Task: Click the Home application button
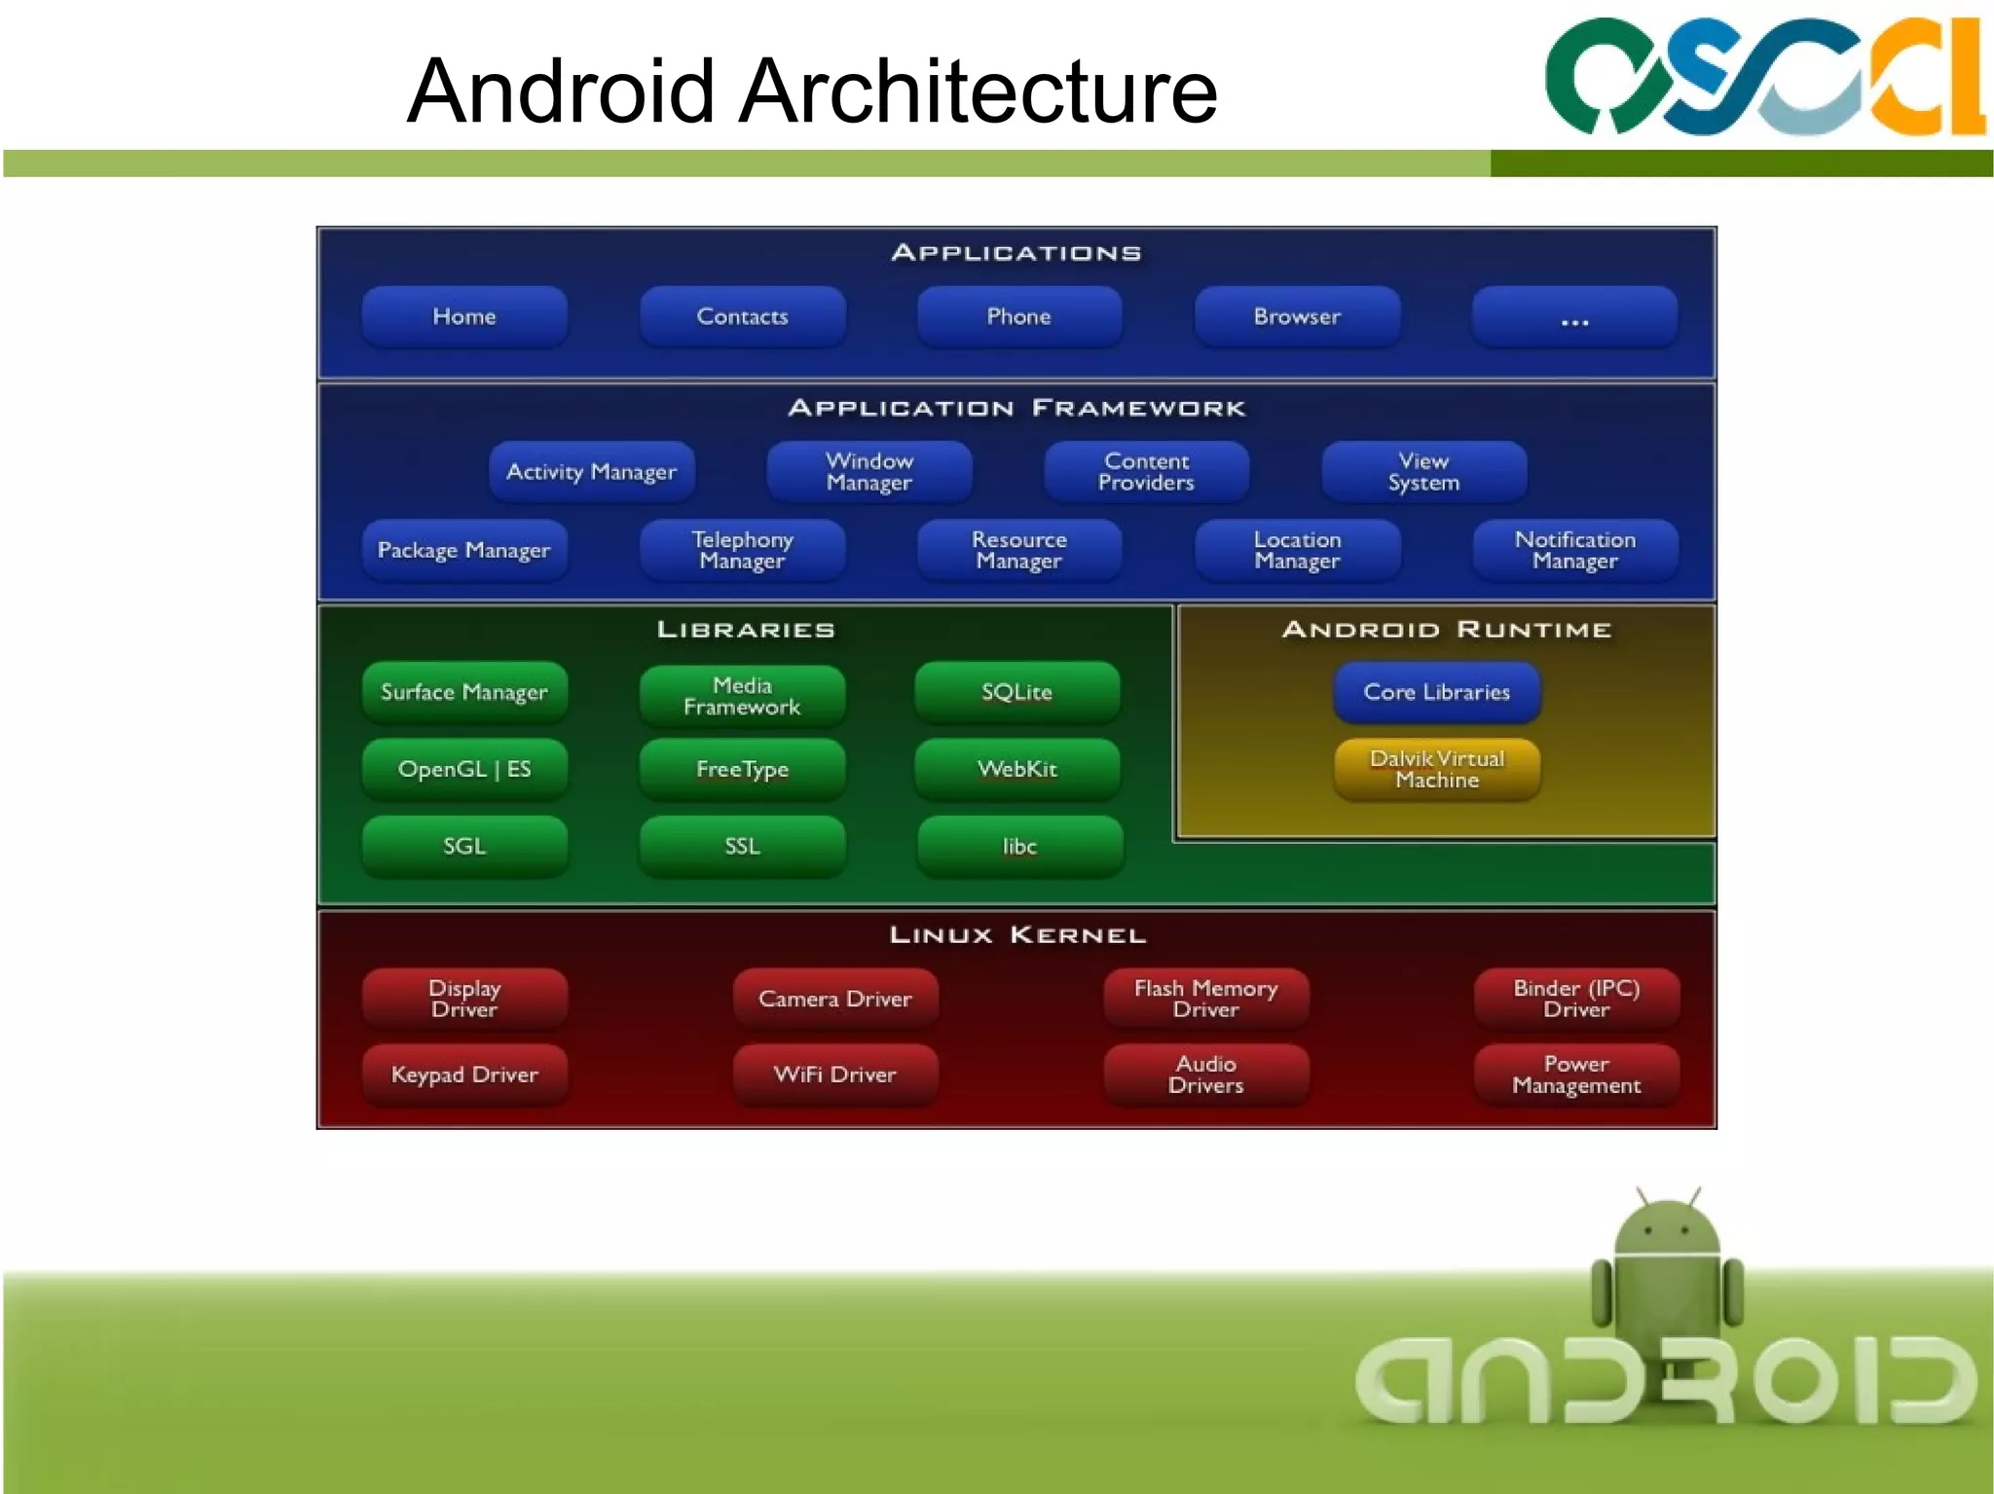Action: (464, 316)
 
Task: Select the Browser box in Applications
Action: (1297, 316)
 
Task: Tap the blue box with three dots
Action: (1574, 316)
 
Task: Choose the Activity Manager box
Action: (591, 472)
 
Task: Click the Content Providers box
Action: (1146, 472)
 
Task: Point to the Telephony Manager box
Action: (742, 550)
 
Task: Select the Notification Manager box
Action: (1574, 550)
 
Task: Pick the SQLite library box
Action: (1017, 692)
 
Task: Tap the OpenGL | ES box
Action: (464, 769)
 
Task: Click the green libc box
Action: (1019, 846)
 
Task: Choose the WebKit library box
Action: (1017, 769)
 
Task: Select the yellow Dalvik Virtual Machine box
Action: (1437, 769)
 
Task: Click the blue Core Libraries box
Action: (1437, 692)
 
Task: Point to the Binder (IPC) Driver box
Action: (1576, 999)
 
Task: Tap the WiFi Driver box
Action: (835, 1075)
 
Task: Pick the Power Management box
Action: (1576, 1075)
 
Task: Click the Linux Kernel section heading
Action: (1017, 935)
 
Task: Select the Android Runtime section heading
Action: (1447, 630)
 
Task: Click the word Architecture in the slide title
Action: (978, 91)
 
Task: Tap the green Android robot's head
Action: (1667, 1228)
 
